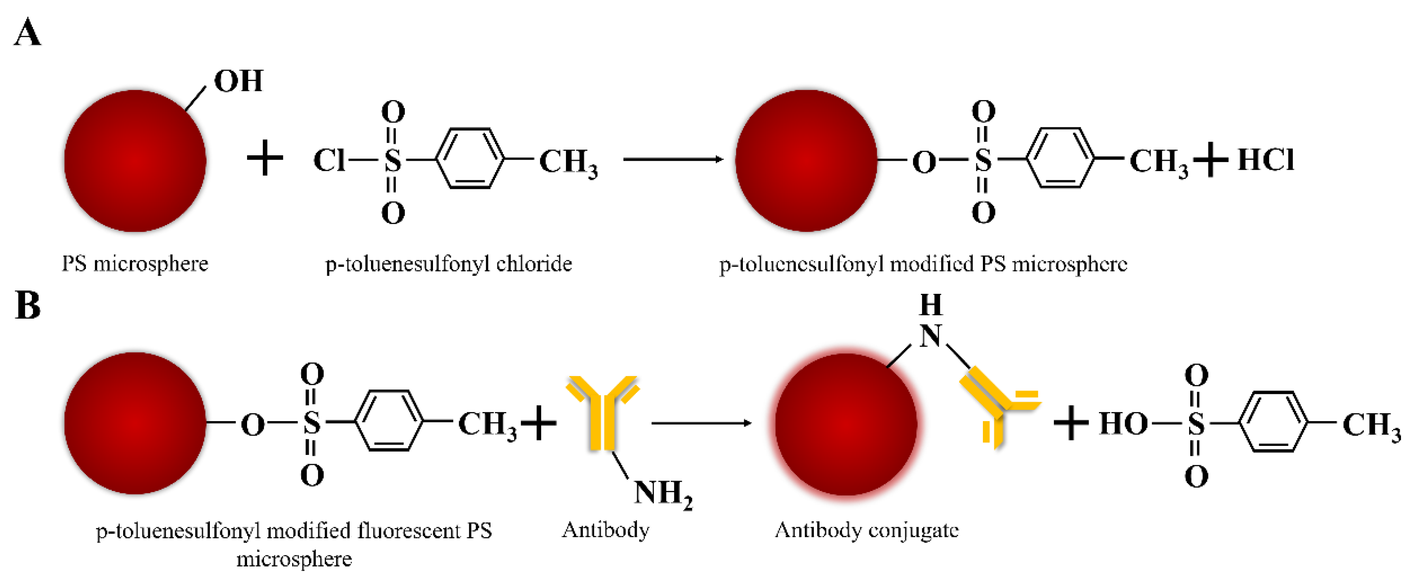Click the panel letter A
27,33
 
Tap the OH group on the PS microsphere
238,81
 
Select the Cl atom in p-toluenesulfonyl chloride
329,161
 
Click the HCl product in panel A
1266,160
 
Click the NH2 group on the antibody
662,493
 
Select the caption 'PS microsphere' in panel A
135,264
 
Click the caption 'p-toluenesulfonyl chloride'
448,264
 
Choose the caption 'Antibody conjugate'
866,530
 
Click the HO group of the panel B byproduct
1123,424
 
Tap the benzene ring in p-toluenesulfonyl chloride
470,159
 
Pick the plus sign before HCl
1210,160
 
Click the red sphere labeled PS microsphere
135,161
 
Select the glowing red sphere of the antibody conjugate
846,424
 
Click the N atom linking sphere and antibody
930,336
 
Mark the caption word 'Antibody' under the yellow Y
606,530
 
